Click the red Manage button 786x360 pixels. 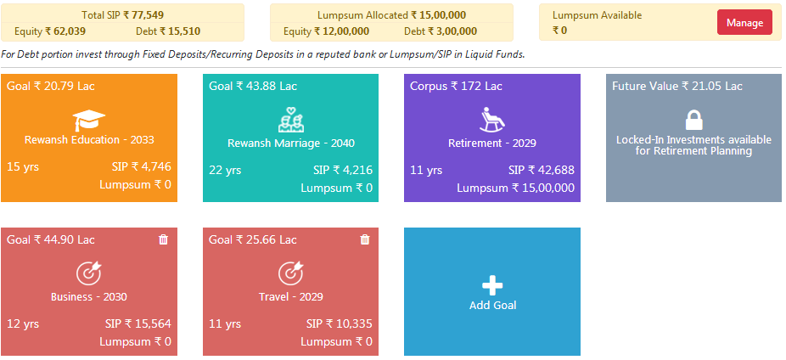744,23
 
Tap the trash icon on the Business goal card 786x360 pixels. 164,239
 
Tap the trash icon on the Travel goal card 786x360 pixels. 365,239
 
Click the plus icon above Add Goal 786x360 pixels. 492,286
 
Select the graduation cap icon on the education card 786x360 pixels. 88,120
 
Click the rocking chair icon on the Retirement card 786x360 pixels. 492,120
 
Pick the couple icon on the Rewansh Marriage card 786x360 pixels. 290,120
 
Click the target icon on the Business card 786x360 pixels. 88,273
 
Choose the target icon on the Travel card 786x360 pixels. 290,273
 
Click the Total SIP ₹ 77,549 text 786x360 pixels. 122,15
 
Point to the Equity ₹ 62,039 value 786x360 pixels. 56,31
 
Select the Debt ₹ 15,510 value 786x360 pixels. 168,31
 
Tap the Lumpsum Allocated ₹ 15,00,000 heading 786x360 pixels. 391,15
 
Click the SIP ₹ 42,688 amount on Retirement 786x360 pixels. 541,170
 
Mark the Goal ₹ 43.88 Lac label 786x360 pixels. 253,87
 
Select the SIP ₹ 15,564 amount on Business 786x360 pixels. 138,323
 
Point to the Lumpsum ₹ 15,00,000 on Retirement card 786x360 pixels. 515,188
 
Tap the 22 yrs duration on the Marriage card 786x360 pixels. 225,170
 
